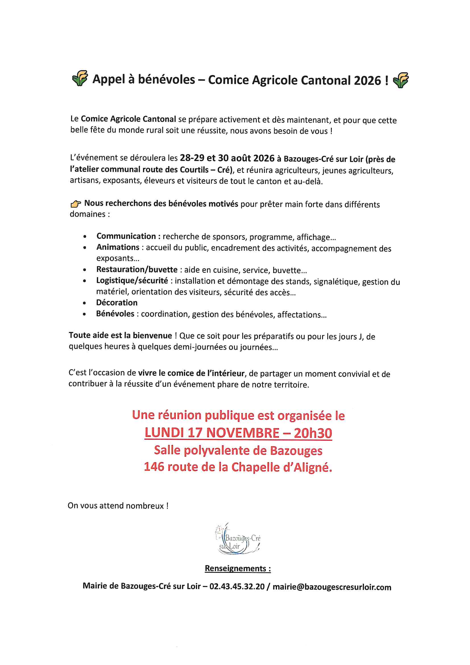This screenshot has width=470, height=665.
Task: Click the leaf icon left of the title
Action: click(80, 78)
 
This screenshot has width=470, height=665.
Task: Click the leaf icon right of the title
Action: click(401, 80)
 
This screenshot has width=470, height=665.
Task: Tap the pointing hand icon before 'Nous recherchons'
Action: click(76, 204)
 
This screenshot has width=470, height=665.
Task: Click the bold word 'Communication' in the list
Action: click(126, 236)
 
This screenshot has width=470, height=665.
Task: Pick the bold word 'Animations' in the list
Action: click(118, 247)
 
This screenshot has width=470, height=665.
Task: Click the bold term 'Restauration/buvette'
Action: click(137, 270)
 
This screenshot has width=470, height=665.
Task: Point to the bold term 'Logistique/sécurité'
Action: click(132, 281)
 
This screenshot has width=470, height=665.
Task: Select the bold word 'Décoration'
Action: click(117, 303)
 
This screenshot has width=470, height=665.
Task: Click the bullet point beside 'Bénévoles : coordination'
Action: click(84, 314)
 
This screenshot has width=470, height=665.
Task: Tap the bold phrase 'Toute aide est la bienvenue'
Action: click(121, 335)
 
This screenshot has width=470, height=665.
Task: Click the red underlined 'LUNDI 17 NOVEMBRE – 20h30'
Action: click(238, 433)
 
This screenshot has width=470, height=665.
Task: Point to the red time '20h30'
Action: click(313, 433)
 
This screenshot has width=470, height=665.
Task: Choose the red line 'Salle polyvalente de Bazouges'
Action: click(238, 451)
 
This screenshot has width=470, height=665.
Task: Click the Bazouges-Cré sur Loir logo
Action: click(238, 539)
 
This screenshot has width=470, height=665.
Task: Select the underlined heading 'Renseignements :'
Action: click(238, 568)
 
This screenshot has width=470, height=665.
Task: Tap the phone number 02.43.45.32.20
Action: click(237, 586)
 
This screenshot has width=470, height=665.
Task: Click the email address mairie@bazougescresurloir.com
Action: click(332, 587)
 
